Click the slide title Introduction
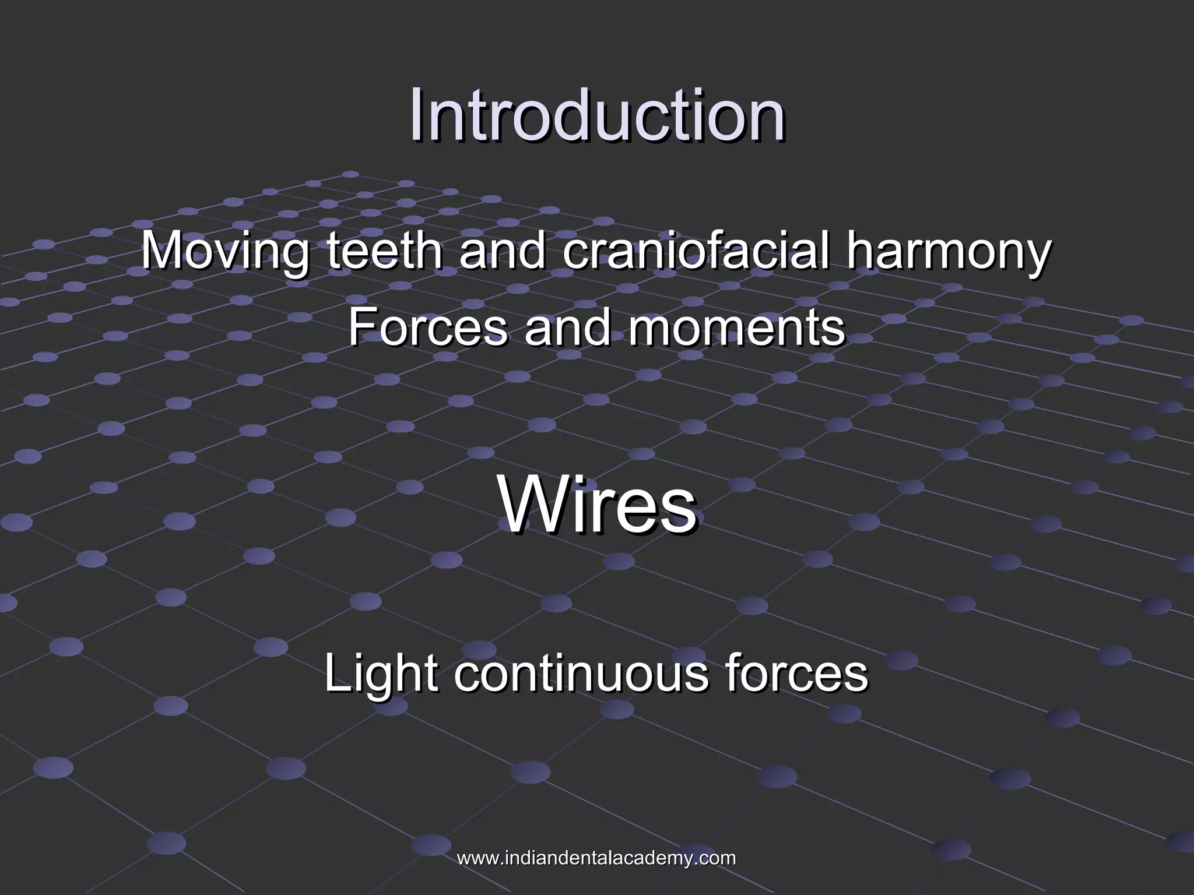(x=596, y=115)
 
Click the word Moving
(x=225, y=252)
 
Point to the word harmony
(x=949, y=252)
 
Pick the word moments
(x=736, y=327)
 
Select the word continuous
(x=581, y=673)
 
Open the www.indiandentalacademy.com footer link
(x=596, y=858)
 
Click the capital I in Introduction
(x=416, y=115)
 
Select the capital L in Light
(x=337, y=673)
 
